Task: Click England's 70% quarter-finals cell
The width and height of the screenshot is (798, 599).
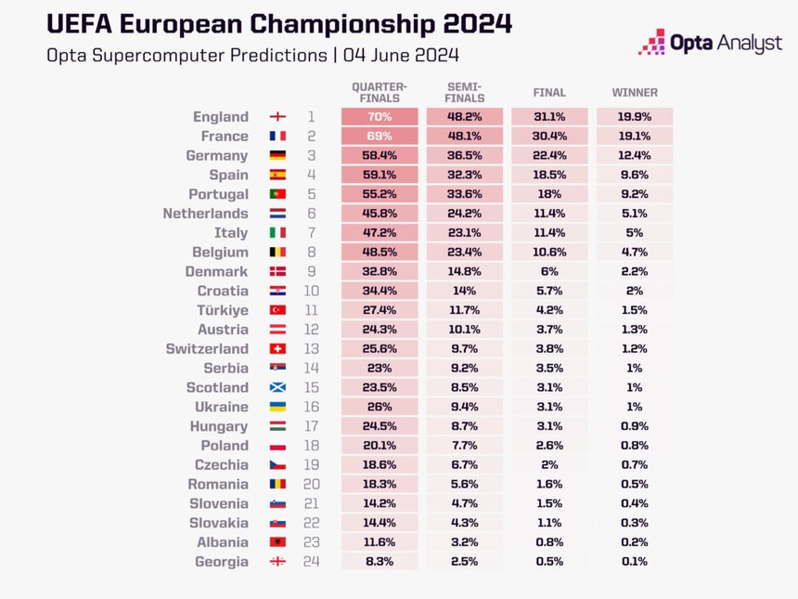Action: (x=379, y=117)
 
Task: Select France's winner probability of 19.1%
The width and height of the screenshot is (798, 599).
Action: (x=635, y=137)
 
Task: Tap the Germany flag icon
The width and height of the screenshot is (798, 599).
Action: (x=277, y=156)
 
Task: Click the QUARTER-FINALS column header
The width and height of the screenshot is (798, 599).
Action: (x=379, y=92)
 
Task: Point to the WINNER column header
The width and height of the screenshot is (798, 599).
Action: (x=635, y=93)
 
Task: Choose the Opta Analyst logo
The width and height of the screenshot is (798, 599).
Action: (x=710, y=43)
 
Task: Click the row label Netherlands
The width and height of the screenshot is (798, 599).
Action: (x=205, y=214)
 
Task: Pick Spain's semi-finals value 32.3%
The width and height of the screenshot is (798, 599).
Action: (x=464, y=175)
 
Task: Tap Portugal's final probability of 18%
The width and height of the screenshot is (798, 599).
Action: (x=549, y=194)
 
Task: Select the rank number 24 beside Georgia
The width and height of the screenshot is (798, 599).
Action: (x=312, y=562)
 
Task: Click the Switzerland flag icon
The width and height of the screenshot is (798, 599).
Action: (x=277, y=349)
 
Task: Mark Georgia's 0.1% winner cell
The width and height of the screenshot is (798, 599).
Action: (x=635, y=562)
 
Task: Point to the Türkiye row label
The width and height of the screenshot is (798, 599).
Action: (x=222, y=310)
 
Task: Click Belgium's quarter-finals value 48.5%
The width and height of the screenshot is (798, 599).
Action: (x=379, y=253)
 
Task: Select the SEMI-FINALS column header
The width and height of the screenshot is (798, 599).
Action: (x=464, y=92)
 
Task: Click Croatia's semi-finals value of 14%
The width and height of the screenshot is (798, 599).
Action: (x=464, y=291)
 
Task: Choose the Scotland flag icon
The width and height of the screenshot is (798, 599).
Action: (x=277, y=388)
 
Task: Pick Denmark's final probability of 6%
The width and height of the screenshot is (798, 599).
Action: (x=549, y=271)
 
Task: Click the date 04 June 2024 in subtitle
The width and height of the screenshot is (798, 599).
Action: (x=401, y=55)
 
